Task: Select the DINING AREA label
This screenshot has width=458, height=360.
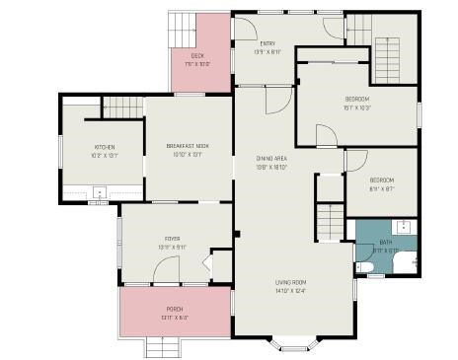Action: tap(271, 159)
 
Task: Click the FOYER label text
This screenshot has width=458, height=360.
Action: tap(173, 239)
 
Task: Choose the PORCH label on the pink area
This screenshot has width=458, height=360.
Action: tap(174, 309)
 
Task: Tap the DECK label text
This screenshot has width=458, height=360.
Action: tap(197, 56)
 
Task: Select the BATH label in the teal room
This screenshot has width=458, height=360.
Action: tap(385, 243)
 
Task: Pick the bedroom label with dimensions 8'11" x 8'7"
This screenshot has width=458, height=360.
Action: tap(381, 180)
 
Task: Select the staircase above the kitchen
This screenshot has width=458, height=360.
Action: tap(122, 107)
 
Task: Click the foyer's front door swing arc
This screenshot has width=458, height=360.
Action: tap(205, 263)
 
